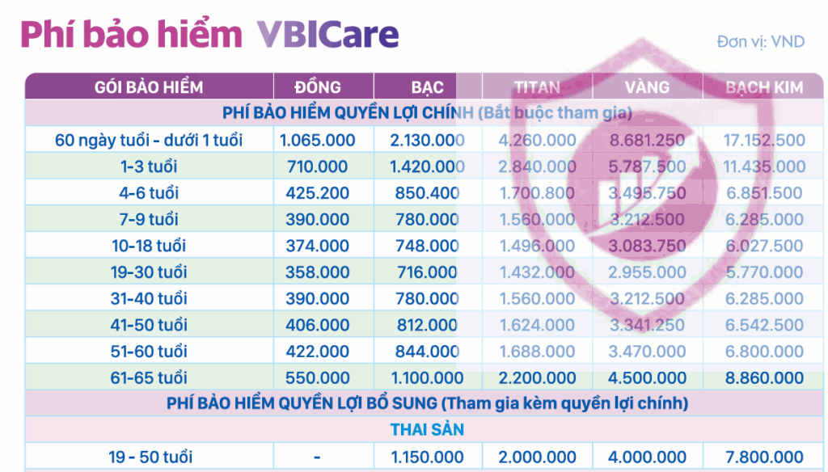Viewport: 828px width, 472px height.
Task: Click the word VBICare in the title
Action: pyautogui.click(x=328, y=34)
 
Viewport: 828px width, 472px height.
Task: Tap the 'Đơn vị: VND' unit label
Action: pyautogui.click(x=760, y=42)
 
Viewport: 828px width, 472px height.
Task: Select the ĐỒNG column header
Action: pyautogui.click(x=317, y=87)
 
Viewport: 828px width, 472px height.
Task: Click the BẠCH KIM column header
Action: pyautogui.click(x=764, y=87)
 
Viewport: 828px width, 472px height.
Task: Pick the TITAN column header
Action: pyautogui.click(x=537, y=87)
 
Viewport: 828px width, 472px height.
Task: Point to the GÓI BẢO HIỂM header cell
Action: pyautogui.click(x=149, y=87)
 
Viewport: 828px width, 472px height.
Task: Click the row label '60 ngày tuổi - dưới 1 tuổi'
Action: pyautogui.click(x=149, y=140)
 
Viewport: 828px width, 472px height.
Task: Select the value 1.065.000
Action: pyautogui.click(x=317, y=140)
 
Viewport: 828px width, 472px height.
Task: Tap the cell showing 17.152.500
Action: pyautogui.click(x=764, y=140)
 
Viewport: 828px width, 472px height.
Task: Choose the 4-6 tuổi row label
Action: pyautogui.click(x=149, y=192)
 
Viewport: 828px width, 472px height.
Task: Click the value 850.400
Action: pyautogui.click(x=427, y=192)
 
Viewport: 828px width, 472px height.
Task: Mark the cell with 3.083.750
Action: pyautogui.click(x=647, y=246)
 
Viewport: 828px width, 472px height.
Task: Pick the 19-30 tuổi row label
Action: pyautogui.click(x=149, y=272)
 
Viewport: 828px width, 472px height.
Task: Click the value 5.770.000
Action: pyautogui.click(x=764, y=272)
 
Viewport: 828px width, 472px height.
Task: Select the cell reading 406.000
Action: pyautogui.click(x=317, y=325)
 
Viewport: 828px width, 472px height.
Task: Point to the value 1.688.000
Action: pyautogui.click(x=537, y=351)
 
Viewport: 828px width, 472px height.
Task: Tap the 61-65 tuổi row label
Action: pyautogui.click(x=149, y=377)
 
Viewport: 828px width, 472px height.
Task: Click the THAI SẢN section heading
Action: pyautogui.click(x=427, y=429)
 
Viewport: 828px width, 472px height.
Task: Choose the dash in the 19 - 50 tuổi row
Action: pyautogui.click(x=317, y=457)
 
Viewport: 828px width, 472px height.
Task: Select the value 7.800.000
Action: pyautogui.click(x=764, y=457)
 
